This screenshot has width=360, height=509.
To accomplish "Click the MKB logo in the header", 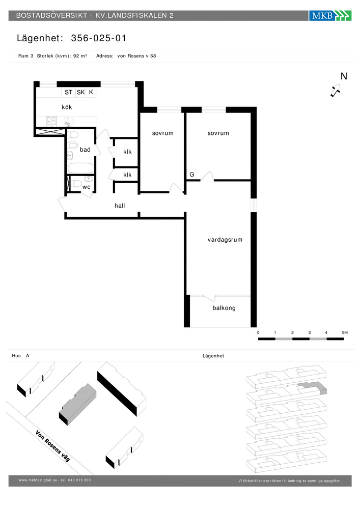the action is [x=330, y=15].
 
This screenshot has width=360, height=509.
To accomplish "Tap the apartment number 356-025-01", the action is [x=99, y=38].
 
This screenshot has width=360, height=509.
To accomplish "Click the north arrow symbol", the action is [x=336, y=90].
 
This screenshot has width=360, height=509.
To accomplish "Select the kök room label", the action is [x=67, y=107].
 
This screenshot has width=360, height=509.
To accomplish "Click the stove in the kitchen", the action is [x=51, y=121].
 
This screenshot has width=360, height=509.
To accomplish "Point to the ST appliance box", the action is [x=69, y=92].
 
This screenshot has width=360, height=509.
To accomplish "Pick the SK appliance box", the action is [x=80, y=92].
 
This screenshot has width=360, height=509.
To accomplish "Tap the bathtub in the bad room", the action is [x=80, y=168].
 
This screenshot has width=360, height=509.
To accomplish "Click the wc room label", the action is [x=87, y=187].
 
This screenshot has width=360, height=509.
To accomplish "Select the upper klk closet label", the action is [x=128, y=152].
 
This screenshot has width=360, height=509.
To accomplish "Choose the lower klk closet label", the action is [x=128, y=175].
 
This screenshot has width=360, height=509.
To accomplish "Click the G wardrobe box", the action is [x=192, y=174].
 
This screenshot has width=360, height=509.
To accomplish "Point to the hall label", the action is [x=120, y=206].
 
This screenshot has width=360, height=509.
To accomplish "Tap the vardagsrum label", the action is [x=225, y=240].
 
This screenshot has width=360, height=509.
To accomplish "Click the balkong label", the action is [x=224, y=308].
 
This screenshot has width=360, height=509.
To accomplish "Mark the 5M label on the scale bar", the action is [x=345, y=333].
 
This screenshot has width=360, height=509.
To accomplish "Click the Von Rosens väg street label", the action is [x=52, y=446].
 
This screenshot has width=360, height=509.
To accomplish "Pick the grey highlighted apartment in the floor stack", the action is [x=313, y=387].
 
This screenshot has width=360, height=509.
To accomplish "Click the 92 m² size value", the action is [x=80, y=56].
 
